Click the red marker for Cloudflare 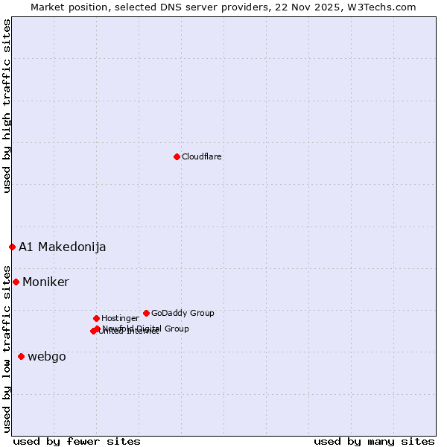pos(177,156)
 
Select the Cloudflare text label pos(202,156)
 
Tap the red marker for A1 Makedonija pos(12,247)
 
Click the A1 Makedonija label pos(63,247)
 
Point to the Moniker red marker pos(16,282)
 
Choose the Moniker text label pos(45,282)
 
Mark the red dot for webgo pos(21,356)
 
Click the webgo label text pos(47,356)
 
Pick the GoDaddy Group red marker pos(146,313)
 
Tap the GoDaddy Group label pos(183,313)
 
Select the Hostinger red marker pos(96,318)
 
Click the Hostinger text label pos(120,318)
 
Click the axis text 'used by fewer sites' pos(77,441)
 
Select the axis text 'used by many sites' pos(374,441)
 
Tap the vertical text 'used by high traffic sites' pos(7,107)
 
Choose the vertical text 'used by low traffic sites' pos(7,349)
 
